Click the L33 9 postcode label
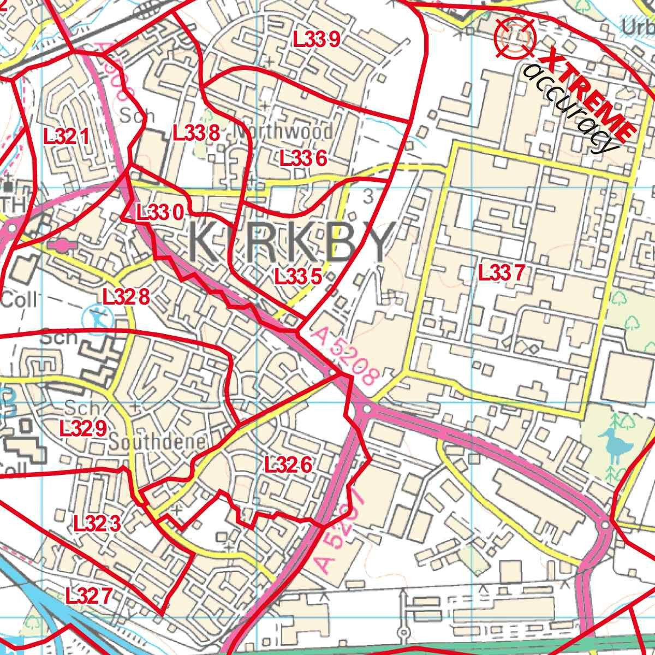point(317,39)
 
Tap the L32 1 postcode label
point(66,136)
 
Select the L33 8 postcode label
point(196,133)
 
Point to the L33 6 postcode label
point(303,159)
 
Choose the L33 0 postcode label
point(159,212)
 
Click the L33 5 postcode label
point(297,276)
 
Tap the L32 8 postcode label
point(126,297)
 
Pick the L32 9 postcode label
point(83,429)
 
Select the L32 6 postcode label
point(288,465)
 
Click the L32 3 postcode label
point(97,524)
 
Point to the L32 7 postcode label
point(88,595)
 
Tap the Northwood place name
point(283,132)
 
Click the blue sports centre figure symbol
point(97,317)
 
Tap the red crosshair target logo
point(515,38)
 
